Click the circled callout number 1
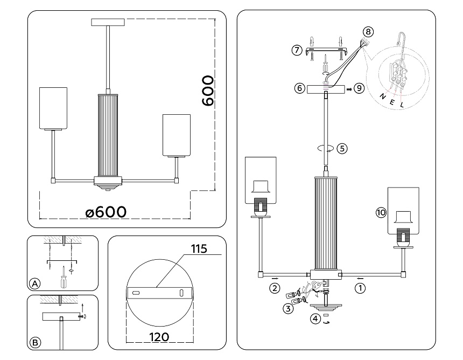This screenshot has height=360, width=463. pyautogui.click(x=361, y=288)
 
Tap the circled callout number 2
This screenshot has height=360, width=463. pyautogui.click(x=275, y=288)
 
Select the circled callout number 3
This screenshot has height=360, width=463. pyautogui.click(x=289, y=308)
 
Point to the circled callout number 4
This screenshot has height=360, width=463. pyautogui.click(x=314, y=317)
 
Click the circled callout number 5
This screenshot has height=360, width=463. pyautogui.click(x=342, y=147)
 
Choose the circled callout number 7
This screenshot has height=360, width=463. pyautogui.click(x=296, y=50)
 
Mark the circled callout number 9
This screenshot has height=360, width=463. pyautogui.click(x=360, y=87)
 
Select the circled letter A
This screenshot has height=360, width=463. pyautogui.click(x=35, y=283)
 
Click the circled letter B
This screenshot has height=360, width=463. pyautogui.click(x=35, y=342)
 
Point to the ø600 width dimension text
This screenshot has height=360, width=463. pyautogui.click(x=106, y=212)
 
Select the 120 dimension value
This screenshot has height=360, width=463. pyautogui.click(x=158, y=336)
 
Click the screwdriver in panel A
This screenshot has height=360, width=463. pyautogui.click(x=64, y=278)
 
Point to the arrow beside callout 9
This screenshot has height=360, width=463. pyautogui.click(x=349, y=87)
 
